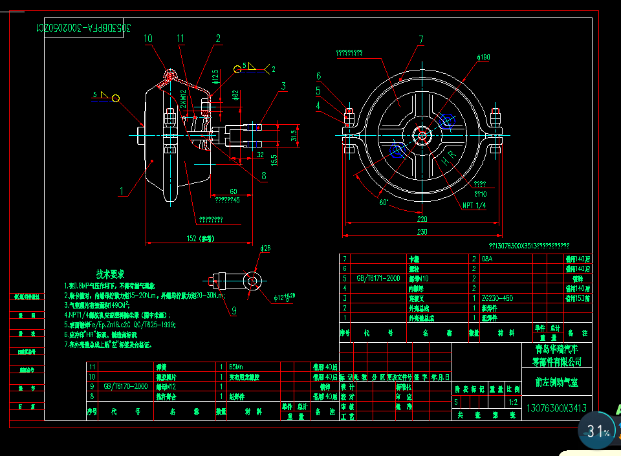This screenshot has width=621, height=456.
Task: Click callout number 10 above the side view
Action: [148, 39]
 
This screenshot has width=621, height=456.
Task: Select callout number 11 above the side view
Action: [180, 39]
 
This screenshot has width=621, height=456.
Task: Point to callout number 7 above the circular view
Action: [420, 40]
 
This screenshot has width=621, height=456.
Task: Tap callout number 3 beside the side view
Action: [283, 86]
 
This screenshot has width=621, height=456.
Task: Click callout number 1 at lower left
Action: [122, 191]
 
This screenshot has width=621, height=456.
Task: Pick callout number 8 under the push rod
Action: [264, 175]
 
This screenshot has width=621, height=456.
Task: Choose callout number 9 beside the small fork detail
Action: [234, 310]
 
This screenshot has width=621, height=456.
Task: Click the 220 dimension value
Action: [422, 219]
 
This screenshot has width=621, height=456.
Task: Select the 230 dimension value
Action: [422, 232]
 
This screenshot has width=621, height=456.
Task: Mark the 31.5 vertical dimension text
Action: [294, 135]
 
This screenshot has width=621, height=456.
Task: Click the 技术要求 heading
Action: [111, 274]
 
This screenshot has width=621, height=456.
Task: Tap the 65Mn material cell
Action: [237, 366]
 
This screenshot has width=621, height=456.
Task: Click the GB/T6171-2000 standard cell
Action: [378, 278]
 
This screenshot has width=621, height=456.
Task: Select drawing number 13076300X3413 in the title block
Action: [556, 408]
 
